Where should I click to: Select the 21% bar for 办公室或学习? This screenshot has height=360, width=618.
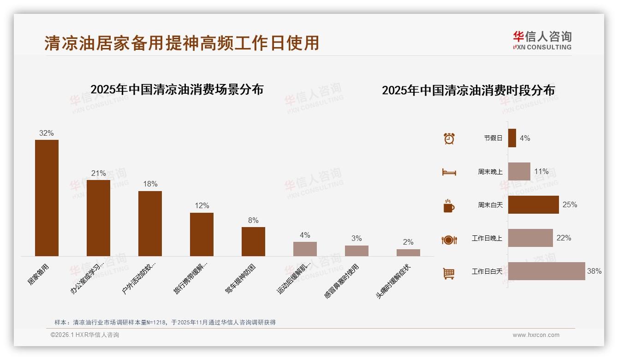click(x=98, y=218)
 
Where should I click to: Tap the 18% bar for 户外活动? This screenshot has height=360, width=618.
click(x=150, y=223)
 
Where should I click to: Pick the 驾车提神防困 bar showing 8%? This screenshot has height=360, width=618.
click(x=253, y=241)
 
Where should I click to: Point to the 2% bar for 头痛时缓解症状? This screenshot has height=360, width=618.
click(x=408, y=252)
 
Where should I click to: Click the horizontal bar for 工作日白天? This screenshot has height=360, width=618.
click(x=547, y=271)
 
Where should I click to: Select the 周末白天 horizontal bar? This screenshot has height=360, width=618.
click(x=533, y=204)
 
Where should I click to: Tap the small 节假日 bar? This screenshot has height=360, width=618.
click(x=512, y=138)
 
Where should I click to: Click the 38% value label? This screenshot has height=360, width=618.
click(x=594, y=271)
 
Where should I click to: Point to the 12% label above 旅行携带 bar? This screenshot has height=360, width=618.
click(x=202, y=205)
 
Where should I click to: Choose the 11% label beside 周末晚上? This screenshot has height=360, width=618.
click(x=541, y=172)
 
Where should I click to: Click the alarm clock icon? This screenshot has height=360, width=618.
click(x=449, y=138)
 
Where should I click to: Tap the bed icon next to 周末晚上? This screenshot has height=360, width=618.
click(x=449, y=172)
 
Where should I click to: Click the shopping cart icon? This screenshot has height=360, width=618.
click(x=449, y=273)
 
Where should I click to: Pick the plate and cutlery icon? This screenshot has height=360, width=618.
click(x=449, y=240)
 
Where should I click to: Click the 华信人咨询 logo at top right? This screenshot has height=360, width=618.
click(x=542, y=40)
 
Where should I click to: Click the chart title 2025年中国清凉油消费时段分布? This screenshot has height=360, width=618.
click(x=468, y=90)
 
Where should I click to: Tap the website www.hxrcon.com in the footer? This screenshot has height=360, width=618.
click(x=536, y=335)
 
